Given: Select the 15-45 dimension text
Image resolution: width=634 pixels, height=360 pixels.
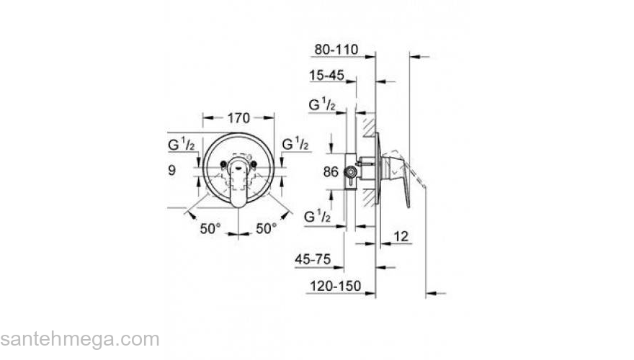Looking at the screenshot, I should point(326,75).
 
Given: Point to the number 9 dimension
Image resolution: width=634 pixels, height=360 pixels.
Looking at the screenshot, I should point(171,171).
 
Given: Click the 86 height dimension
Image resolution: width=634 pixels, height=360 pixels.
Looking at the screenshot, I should point(330,172).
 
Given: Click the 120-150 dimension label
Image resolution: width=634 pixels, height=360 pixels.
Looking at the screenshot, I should point(334,286).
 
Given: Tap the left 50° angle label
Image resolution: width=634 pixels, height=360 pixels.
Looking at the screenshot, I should point(210,229).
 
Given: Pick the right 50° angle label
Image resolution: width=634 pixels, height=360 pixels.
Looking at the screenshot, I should point(266,229).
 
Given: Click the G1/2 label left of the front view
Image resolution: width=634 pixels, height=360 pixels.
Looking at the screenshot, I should point(181,144).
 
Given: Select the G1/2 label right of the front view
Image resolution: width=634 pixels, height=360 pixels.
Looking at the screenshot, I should point(295,144).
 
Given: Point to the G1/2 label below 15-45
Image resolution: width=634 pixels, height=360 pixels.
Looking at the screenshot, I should point(322,106).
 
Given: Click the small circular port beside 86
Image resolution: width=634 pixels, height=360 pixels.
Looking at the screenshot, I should point(351,172).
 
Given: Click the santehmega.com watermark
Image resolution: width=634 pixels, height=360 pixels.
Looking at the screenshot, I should point(79,339).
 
